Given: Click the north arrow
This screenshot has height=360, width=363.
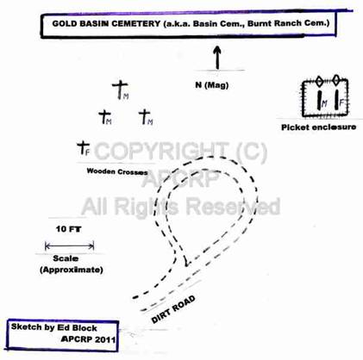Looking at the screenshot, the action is tap(217, 58).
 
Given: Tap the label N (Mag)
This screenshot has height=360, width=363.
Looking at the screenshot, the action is tap(212, 85).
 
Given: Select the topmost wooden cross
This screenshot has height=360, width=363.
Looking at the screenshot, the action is tap(120, 90).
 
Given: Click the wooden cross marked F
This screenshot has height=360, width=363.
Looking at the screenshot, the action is tap(84, 147).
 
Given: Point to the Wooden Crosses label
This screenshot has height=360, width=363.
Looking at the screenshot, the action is tap(117, 171).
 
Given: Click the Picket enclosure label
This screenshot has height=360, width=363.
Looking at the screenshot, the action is tap(318, 127).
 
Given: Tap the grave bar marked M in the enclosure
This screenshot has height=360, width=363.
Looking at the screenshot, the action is tap(319, 100).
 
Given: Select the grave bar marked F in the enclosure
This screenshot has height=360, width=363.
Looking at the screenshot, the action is tap(336, 100).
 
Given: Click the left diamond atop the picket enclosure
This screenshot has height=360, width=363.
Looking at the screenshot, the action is tap(319, 81).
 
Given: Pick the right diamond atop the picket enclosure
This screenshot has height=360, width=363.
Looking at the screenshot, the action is tap(335, 80).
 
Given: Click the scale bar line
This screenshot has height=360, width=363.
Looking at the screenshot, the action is tap(70, 246).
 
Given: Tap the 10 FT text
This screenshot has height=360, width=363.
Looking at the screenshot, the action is tap(68, 229).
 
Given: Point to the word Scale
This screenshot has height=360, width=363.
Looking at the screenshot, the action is tap(66, 258).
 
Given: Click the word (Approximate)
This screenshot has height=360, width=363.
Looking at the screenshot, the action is tap(72, 270).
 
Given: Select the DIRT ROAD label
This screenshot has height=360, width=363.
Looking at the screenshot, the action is tap(173, 309).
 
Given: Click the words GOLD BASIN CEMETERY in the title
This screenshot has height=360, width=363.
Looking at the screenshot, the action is tap(106, 23).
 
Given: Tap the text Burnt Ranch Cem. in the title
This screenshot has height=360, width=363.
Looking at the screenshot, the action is tap(289, 23).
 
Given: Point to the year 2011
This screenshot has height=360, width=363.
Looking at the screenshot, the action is tap(105, 339).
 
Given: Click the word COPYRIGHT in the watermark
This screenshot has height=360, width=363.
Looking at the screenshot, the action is tap(160, 152).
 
